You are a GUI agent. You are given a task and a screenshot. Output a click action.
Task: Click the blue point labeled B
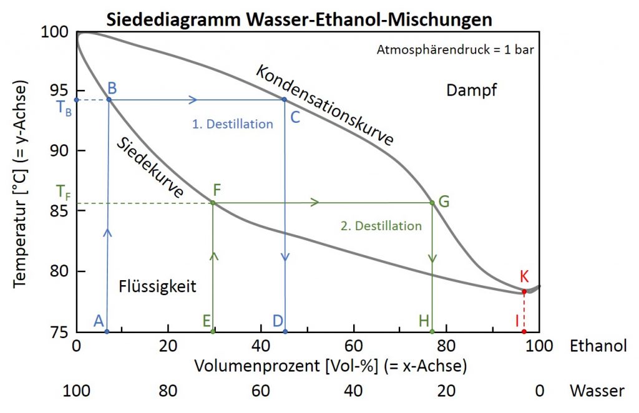(x=109, y=99)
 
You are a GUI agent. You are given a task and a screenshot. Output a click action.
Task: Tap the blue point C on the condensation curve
(x=285, y=99)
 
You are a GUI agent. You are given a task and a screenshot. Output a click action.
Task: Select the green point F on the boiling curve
(x=213, y=203)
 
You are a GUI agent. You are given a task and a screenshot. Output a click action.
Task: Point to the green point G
(x=432, y=202)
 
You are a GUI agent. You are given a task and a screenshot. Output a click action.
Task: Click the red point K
(x=524, y=291)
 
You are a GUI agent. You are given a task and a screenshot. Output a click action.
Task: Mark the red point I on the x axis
(x=524, y=331)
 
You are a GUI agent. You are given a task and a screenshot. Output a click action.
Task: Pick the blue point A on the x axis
(x=107, y=331)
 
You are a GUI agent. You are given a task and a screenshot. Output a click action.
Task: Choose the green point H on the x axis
(x=432, y=331)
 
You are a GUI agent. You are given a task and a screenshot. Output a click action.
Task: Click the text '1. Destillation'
(x=233, y=124)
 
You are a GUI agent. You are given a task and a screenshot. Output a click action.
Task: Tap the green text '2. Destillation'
(x=381, y=226)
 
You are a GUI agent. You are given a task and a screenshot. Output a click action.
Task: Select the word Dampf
(x=472, y=90)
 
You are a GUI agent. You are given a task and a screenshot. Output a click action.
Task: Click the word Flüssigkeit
(x=158, y=286)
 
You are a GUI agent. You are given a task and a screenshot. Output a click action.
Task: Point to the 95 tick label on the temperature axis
(x=60, y=90)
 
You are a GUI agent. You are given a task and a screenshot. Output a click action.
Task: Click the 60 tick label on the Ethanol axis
(x=353, y=346)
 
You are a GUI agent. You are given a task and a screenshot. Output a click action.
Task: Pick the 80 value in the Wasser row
(x=168, y=391)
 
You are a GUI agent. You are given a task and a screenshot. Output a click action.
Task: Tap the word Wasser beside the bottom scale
(x=597, y=391)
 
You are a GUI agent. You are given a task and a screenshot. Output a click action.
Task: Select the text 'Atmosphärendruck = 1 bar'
(x=455, y=50)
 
